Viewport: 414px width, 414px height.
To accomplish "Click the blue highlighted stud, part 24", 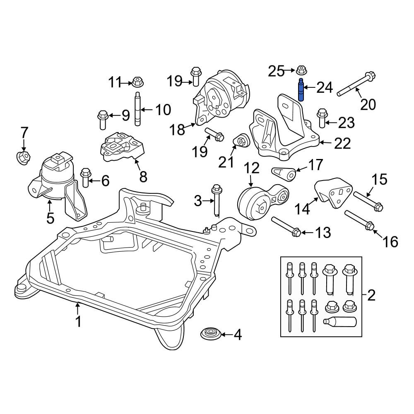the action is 301,90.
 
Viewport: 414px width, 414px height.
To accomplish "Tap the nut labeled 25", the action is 301,70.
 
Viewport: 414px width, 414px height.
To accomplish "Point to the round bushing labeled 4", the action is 210,334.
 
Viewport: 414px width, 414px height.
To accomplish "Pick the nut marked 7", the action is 23,157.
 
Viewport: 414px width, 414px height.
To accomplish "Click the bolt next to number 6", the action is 85,178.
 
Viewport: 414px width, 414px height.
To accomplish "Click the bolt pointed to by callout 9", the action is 102,120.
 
